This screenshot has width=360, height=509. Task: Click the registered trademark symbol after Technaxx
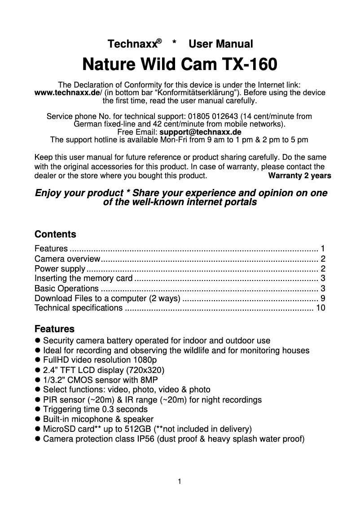[x=159, y=41]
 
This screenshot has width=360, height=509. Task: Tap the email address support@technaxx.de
[x=200, y=132]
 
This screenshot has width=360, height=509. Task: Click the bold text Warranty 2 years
[x=299, y=176]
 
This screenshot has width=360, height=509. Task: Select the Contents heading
[x=55, y=234]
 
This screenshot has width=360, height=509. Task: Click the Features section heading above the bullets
[x=54, y=329]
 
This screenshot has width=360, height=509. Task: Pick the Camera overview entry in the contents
[x=67, y=259]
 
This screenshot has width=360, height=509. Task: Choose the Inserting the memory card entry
[x=83, y=278]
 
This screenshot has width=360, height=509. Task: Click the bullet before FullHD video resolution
[x=38, y=360]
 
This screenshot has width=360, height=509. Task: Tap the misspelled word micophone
[x=89, y=419]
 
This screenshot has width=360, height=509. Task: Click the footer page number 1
[x=180, y=482]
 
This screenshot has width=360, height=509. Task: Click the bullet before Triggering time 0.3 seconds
[x=38, y=409]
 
